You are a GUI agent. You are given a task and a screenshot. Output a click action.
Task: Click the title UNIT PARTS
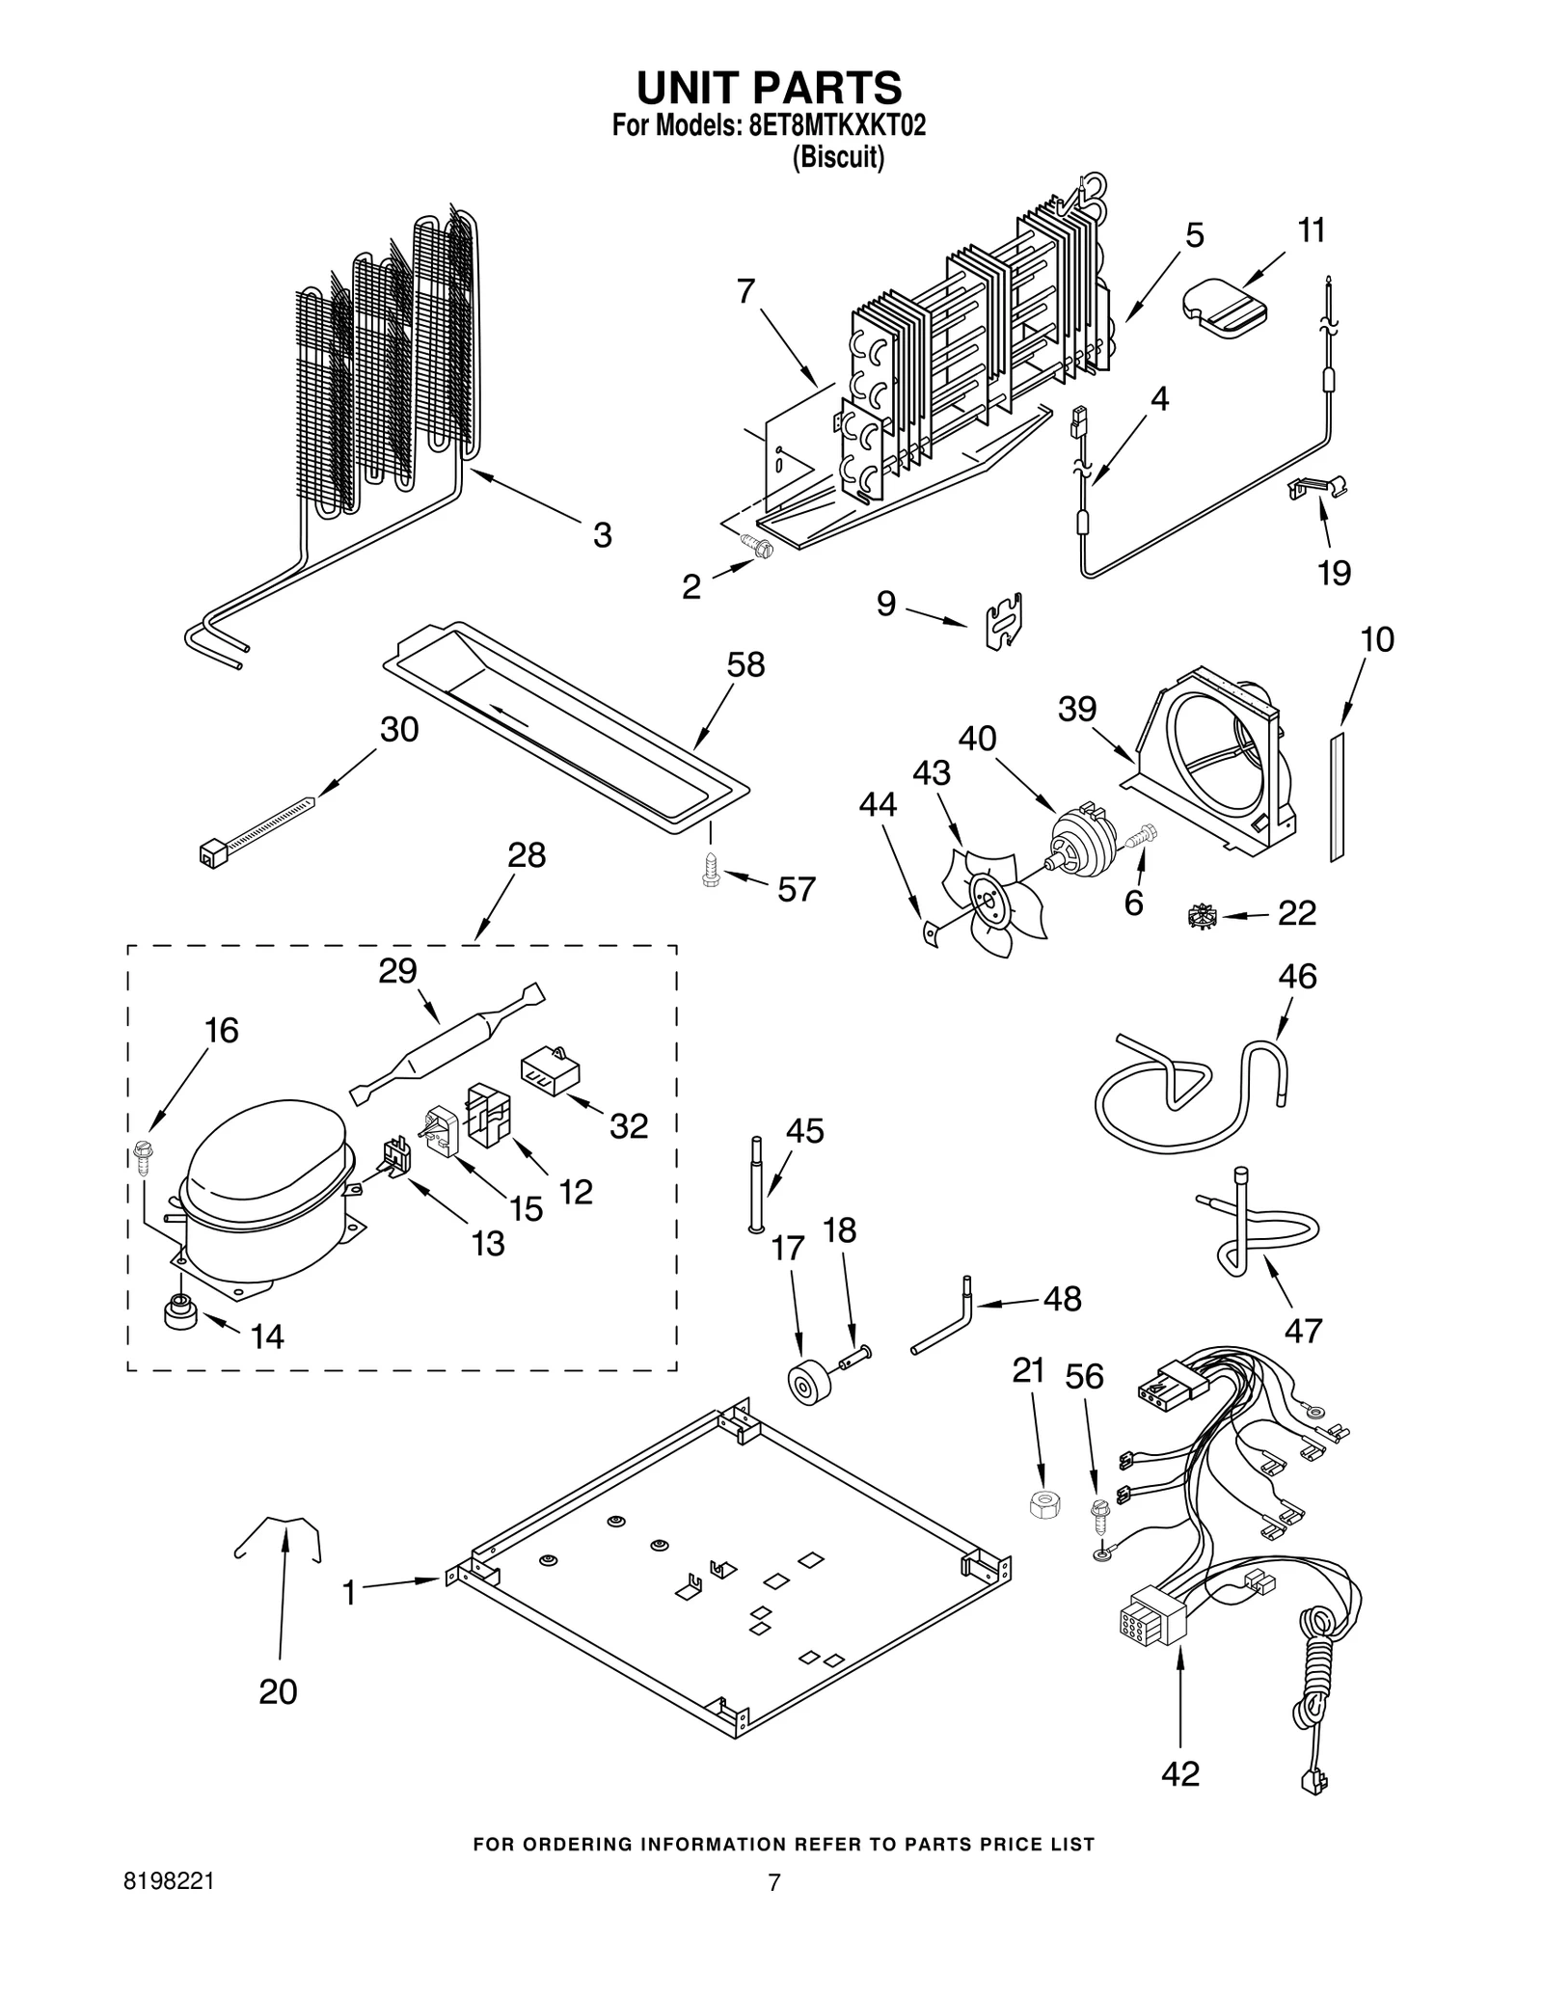coord(769,87)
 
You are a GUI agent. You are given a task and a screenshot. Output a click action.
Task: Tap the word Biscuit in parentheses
coord(837,157)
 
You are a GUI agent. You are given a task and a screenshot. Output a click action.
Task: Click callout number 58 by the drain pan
coord(745,665)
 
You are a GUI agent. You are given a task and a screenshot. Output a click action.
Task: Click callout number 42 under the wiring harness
coord(1181,1773)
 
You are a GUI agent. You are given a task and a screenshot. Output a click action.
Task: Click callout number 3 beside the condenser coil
coord(602,535)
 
